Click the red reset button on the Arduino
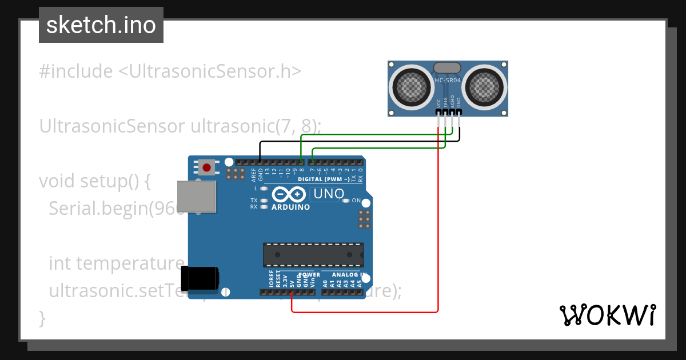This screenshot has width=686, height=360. (207, 168)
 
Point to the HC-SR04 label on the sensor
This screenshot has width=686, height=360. (448, 81)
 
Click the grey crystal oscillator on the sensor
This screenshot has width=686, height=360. (448, 68)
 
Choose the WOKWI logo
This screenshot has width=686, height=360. (607, 315)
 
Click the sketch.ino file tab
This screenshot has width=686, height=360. (101, 25)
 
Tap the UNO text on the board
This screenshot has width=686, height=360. (328, 194)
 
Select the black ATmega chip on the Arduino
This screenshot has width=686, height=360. (313, 255)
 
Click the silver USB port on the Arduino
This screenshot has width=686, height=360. (197, 197)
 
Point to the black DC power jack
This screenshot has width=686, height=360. (200, 278)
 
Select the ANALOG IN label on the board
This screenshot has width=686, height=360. (343, 275)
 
